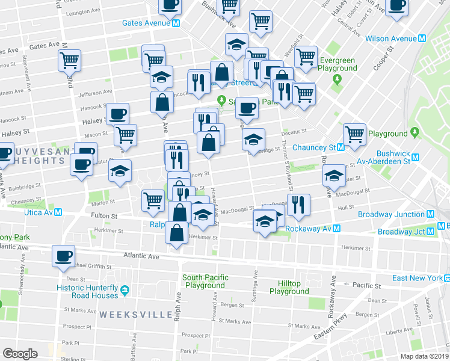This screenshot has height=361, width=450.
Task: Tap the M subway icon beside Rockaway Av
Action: [x=337, y=229]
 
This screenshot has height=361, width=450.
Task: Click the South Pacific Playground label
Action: [x=206, y=281]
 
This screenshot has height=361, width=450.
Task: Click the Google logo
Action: [x=20, y=353]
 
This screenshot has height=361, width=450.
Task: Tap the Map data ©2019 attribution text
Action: [x=424, y=356]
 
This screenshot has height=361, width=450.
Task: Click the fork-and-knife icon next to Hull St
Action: [x=298, y=205]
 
